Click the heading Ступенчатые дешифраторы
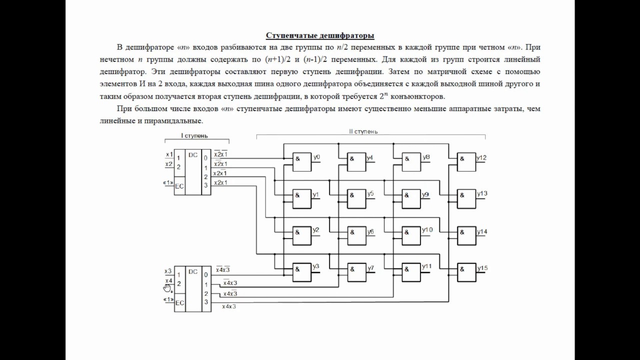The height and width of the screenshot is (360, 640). (x=320, y=35)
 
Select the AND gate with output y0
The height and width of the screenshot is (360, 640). (x=302, y=162)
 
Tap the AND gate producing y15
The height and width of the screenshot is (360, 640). (x=466, y=272)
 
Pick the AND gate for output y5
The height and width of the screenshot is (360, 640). (x=356, y=199)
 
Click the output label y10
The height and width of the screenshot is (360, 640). (x=427, y=229)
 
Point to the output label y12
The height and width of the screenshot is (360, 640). (x=481, y=157)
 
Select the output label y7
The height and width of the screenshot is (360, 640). (x=370, y=268)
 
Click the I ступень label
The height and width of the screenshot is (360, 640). (x=194, y=135)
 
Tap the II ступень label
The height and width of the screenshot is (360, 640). (x=363, y=131)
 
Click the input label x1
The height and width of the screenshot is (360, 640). (x=169, y=154)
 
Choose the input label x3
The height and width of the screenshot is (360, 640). (x=168, y=271)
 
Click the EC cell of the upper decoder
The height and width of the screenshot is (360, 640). (x=179, y=186)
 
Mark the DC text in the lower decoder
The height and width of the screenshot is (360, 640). (x=193, y=271)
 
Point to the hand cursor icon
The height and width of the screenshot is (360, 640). (x=167, y=288)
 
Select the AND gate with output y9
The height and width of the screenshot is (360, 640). (x=411, y=199)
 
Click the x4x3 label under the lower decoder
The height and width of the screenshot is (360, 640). (x=229, y=306)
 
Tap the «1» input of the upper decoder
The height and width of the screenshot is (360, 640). (x=168, y=182)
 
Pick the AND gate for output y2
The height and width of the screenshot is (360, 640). (x=302, y=235)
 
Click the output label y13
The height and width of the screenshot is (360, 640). (x=482, y=193)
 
